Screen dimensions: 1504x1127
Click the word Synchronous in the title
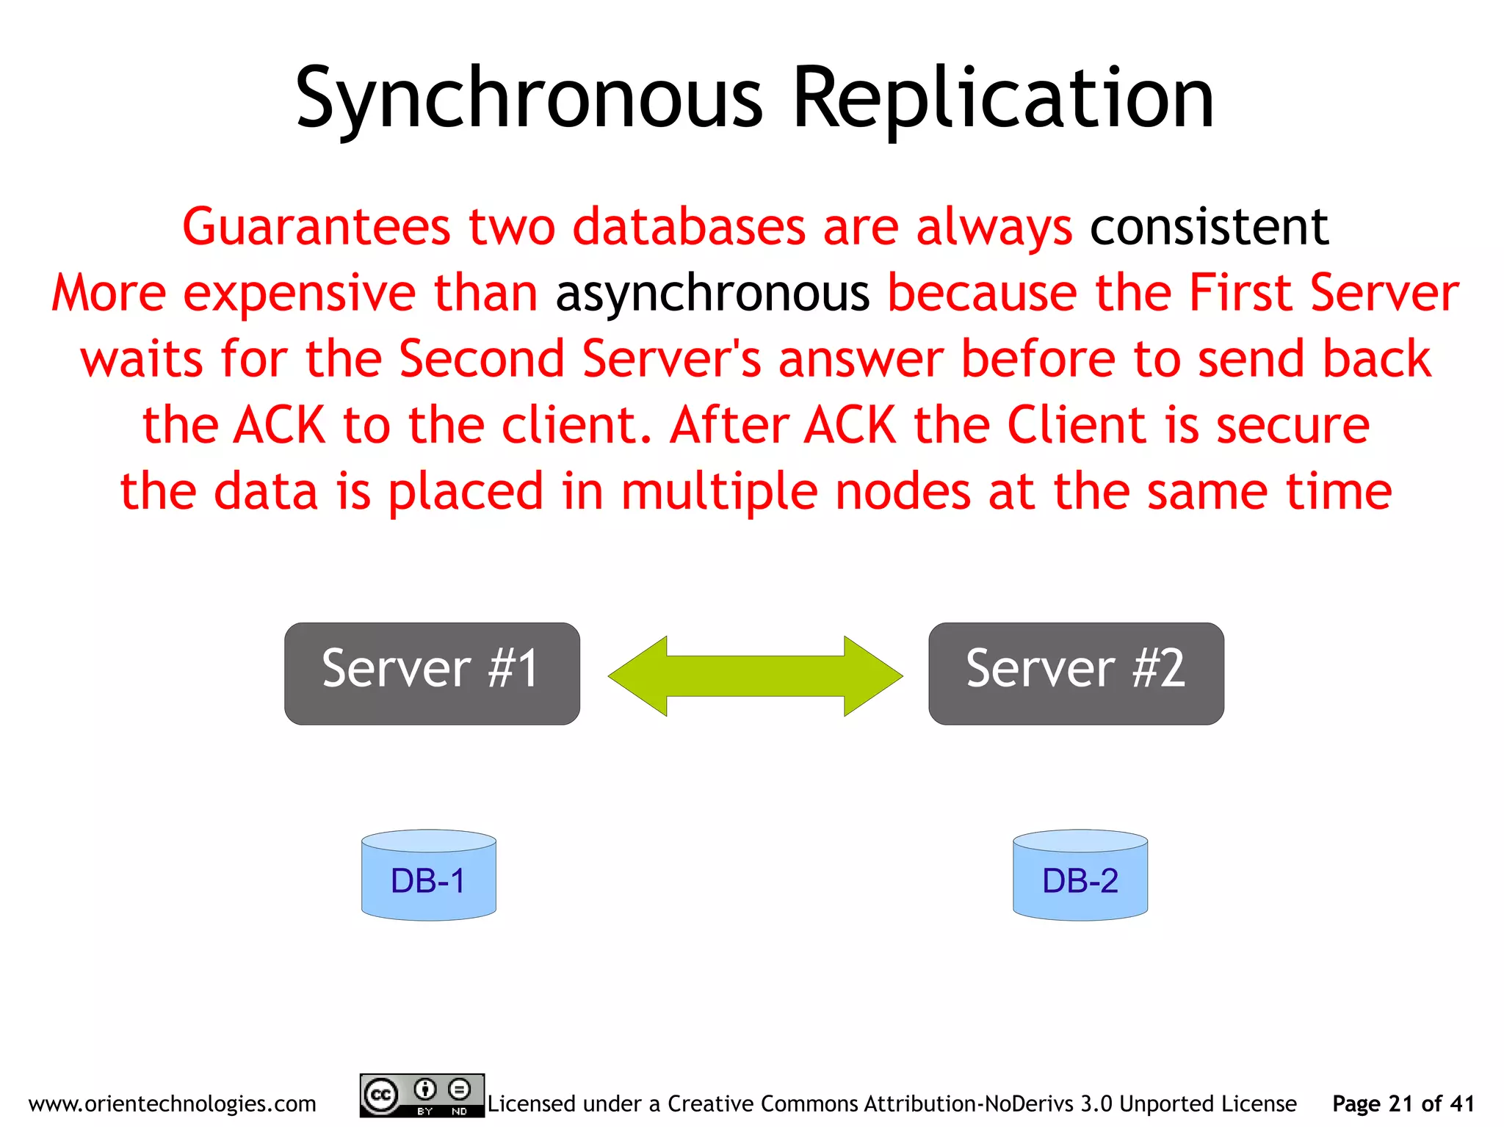click(x=529, y=99)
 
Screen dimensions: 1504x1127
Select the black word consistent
click(x=1209, y=227)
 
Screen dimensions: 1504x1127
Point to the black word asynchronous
click(x=712, y=294)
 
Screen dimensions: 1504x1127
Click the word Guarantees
click(x=316, y=227)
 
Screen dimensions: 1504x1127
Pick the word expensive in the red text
click(x=299, y=294)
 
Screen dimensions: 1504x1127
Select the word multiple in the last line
click(x=719, y=491)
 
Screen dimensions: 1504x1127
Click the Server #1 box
click(x=432, y=673)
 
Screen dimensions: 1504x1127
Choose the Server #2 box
click(x=1076, y=673)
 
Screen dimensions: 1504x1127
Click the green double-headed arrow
click(x=755, y=675)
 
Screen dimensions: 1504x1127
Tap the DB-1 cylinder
click(x=429, y=875)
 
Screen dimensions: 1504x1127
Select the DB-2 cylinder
click(x=1080, y=875)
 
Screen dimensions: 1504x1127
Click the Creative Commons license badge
click(x=422, y=1095)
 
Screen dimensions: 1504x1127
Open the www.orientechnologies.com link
click(x=173, y=1104)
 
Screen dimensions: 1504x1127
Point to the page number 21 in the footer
click(x=1401, y=1104)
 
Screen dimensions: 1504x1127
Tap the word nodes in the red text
click(x=903, y=491)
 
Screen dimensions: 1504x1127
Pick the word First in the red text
click(x=1240, y=294)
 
